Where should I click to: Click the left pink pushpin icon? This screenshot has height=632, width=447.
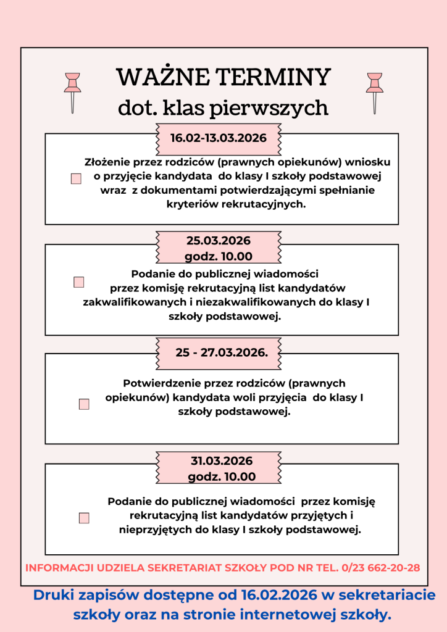point(73,91)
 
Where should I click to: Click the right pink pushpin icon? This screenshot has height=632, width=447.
point(374,91)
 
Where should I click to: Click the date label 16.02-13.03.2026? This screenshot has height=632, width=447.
point(219,138)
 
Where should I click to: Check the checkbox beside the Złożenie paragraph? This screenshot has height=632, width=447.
point(76,179)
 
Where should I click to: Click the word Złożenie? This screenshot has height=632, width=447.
point(107,162)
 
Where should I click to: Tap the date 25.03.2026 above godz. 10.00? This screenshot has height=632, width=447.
point(219,241)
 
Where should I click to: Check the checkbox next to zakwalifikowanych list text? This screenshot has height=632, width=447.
point(78,282)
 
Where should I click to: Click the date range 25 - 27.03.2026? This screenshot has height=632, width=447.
point(221,353)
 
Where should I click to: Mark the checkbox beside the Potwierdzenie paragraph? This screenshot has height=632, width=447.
point(84,404)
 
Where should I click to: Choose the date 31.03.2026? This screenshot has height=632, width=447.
point(222,461)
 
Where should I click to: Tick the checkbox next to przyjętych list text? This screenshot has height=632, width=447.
point(84,518)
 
